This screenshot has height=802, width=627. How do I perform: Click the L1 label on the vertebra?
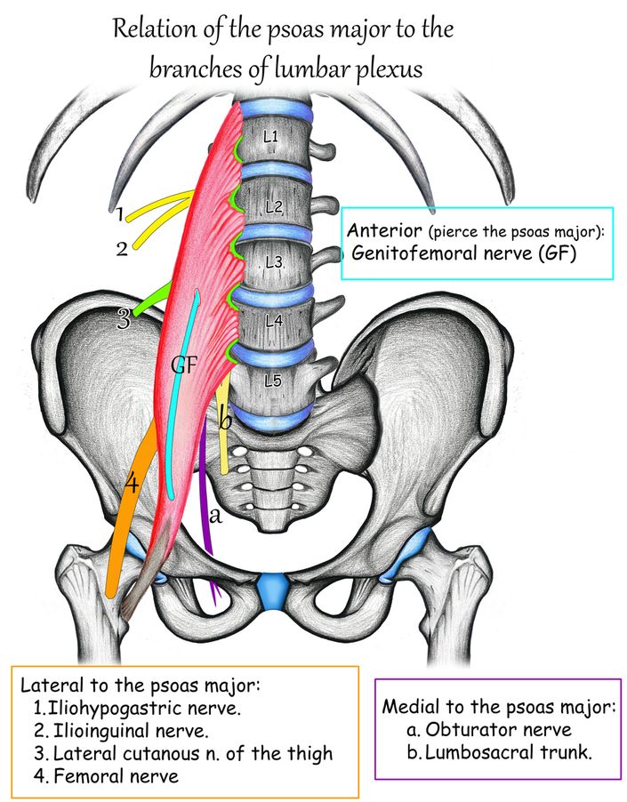pyautogui.click(x=270, y=137)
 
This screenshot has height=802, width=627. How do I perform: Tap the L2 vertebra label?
pyautogui.click(x=273, y=207)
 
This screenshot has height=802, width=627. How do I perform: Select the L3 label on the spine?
pyautogui.click(x=272, y=262)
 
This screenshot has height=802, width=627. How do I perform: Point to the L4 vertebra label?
pyautogui.click(x=272, y=322)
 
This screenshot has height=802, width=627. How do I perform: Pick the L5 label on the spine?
pyautogui.click(x=272, y=381)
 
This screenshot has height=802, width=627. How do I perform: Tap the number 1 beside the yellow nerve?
pyautogui.click(x=119, y=214)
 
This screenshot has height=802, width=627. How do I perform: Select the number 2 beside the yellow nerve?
pyautogui.click(x=122, y=248)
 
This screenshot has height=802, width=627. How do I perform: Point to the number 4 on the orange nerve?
pyautogui.click(x=131, y=485)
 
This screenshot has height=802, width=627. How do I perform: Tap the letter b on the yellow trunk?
pyautogui.click(x=226, y=420)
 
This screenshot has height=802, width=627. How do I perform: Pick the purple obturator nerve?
pyautogui.click(x=206, y=498)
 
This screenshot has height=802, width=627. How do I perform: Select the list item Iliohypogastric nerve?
pyautogui.click(x=145, y=710)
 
